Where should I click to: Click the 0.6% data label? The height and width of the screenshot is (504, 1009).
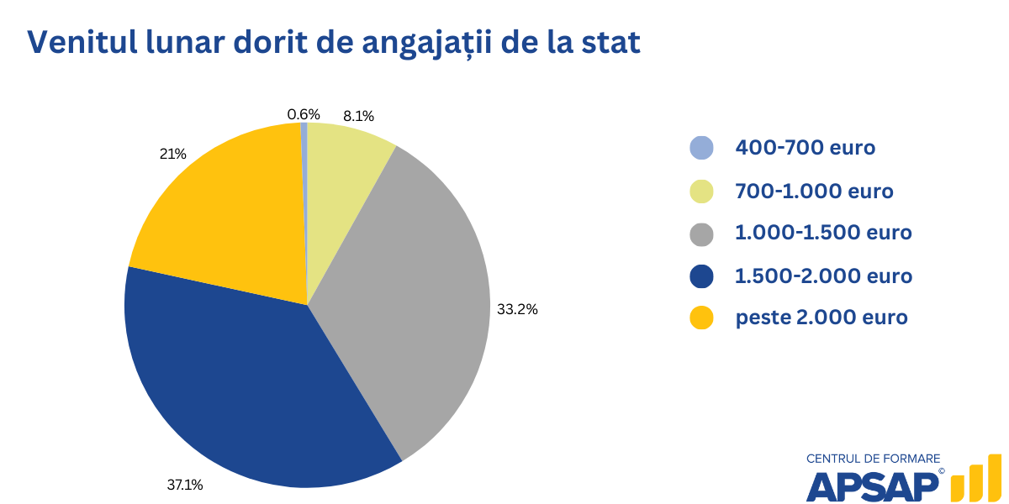coord(304,114)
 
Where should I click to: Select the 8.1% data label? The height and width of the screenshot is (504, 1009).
coord(358,116)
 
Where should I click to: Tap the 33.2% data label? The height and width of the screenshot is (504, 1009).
coord(517,309)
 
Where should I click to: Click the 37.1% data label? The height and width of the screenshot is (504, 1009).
coord(184,485)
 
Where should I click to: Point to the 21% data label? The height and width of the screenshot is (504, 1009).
coord(172,154)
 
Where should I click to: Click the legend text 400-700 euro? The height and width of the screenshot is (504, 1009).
coord(805,148)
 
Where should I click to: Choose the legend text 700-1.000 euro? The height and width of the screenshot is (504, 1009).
coord(814,191)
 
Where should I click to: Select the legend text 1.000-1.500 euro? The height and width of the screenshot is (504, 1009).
coord(823,233)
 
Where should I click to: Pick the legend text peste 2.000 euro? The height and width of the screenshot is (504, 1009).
coord(821,318)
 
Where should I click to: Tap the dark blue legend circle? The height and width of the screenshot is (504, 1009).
coord(701,276)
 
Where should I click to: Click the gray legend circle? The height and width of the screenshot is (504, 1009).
coord(701,234)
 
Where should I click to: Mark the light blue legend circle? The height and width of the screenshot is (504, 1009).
coord(701,148)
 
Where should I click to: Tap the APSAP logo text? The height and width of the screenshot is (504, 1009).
coord(873,486)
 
